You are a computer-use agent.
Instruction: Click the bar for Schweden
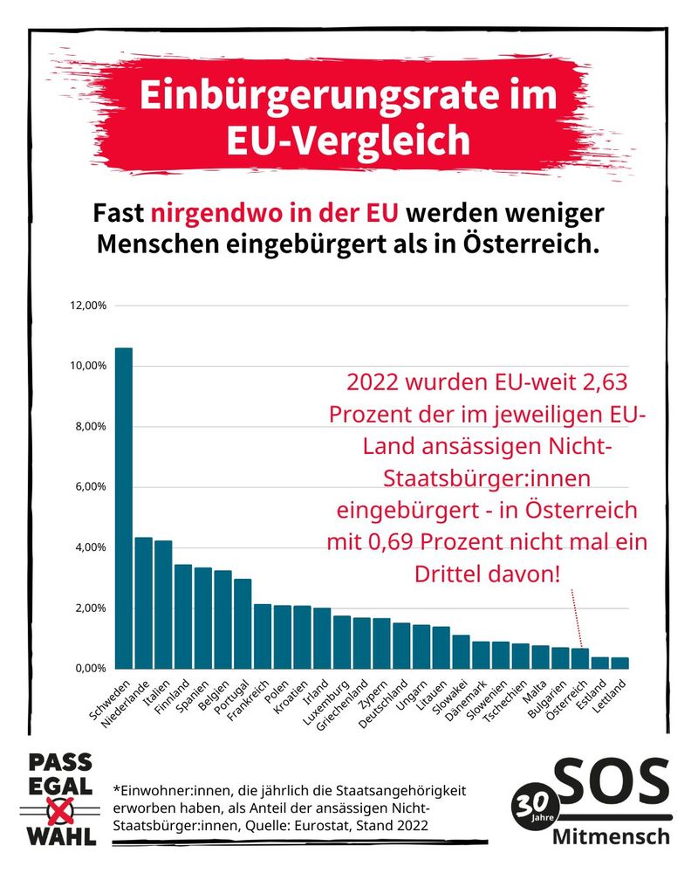coord(124,507)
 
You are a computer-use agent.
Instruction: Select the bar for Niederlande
coord(144,602)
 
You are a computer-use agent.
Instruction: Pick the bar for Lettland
coord(620,663)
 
